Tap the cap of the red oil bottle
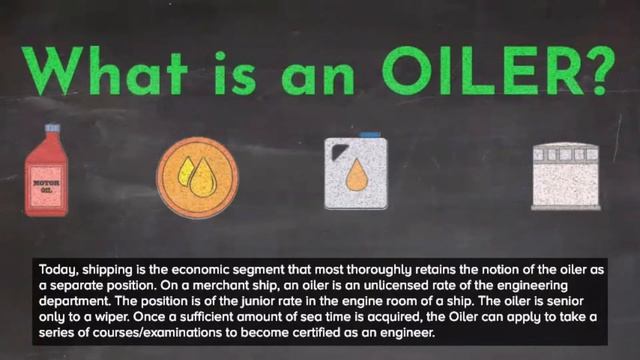(51, 130)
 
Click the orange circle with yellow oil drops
(197, 176)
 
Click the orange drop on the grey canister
(355, 179)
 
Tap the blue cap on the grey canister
(369, 135)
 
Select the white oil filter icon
(565, 177)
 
